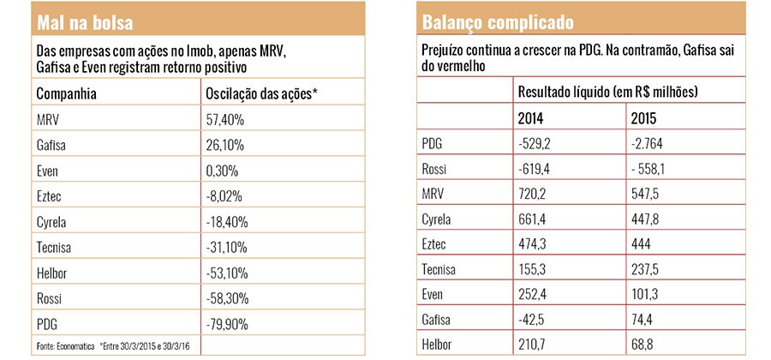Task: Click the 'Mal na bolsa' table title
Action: point(85,22)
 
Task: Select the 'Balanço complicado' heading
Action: point(498,22)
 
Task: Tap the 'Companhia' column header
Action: point(66,94)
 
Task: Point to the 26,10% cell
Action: point(224,146)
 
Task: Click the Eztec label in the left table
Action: point(49,197)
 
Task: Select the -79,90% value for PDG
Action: point(227,325)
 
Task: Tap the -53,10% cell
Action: point(227,273)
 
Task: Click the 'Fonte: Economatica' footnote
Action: point(66,346)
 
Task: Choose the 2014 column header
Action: point(530,118)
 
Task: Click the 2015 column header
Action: point(643,118)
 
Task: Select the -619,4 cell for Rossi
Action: point(534,169)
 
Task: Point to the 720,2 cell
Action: point(532,195)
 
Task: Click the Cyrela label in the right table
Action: point(436,219)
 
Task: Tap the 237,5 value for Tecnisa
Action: point(645,269)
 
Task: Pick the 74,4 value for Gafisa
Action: point(642,321)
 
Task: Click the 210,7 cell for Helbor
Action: point(532,345)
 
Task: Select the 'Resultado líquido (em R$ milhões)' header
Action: point(607,92)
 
